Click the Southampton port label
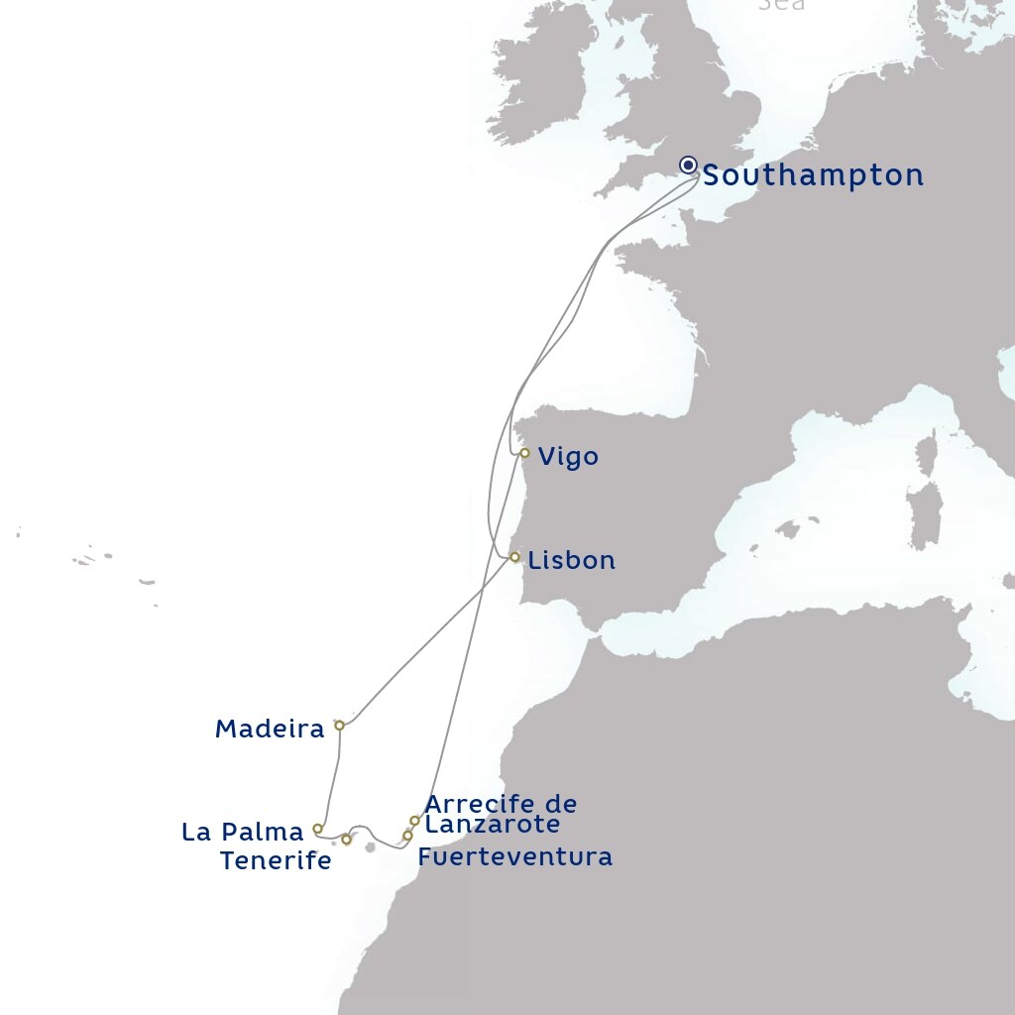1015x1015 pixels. pyautogui.click(x=813, y=176)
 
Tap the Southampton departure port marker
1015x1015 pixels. pyautogui.click(x=688, y=165)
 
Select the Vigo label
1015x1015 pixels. pyautogui.click(x=568, y=457)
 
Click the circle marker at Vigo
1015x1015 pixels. pyautogui.click(x=524, y=453)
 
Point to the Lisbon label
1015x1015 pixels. pyautogui.click(x=571, y=561)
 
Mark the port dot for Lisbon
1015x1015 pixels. pyautogui.click(x=514, y=557)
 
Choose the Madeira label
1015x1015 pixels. pyautogui.click(x=270, y=730)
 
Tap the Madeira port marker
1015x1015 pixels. pyautogui.click(x=339, y=726)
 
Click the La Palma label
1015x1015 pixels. pyautogui.click(x=242, y=833)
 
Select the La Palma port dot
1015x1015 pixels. pyautogui.click(x=317, y=829)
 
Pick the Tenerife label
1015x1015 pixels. pyautogui.click(x=276, y=861)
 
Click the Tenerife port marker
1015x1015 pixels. pyautogui.click(x=346, y=840)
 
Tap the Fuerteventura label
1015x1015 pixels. pyautogui.click(x=514, y=856)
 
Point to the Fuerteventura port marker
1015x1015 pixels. pyautogui.click(x=407, y=836)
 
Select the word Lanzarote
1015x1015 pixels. pyautogui.click(x=492, y=824)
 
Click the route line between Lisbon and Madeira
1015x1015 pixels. pyautogui.click(x=426, y=641)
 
